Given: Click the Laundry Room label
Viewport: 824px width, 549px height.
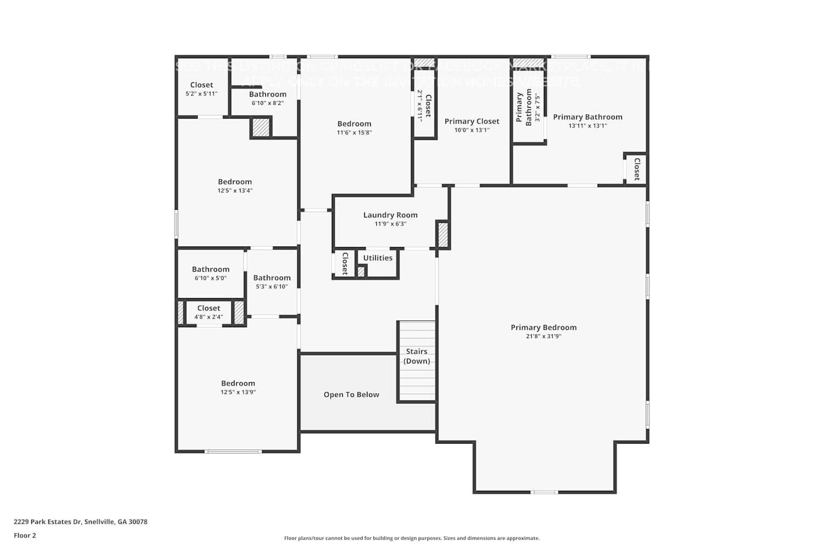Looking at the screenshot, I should [390, 215].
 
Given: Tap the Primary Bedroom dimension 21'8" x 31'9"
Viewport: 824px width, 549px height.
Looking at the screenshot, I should [543, 337].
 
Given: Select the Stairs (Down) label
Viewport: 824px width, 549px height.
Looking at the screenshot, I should [416, 356].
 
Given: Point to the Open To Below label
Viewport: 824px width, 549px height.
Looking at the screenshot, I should [351, 395].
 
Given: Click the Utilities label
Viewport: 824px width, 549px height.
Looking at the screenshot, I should [378, 258].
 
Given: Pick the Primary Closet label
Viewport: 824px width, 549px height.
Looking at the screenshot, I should [472, 121].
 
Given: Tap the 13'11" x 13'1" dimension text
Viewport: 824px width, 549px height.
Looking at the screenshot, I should [587, 126].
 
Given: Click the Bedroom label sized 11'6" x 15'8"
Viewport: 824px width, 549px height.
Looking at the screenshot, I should [354, 124].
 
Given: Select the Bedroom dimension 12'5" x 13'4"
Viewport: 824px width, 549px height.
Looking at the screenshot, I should [235, 191].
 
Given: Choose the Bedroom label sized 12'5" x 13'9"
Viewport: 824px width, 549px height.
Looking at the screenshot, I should [238, 384].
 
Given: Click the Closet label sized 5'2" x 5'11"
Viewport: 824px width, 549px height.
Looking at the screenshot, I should [202, 85].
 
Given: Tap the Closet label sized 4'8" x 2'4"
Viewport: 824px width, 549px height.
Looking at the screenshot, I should [209, 309].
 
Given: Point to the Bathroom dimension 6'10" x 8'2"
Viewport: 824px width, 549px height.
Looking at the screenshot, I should [268, 103].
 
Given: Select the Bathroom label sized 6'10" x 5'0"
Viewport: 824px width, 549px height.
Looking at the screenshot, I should [210, 270].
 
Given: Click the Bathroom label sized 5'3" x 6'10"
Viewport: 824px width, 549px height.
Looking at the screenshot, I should [272, 278].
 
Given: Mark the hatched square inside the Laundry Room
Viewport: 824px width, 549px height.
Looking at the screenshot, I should [442, 234].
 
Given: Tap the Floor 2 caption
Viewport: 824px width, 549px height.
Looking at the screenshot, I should [25, 536].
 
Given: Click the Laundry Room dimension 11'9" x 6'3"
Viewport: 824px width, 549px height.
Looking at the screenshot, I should [390, 224].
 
